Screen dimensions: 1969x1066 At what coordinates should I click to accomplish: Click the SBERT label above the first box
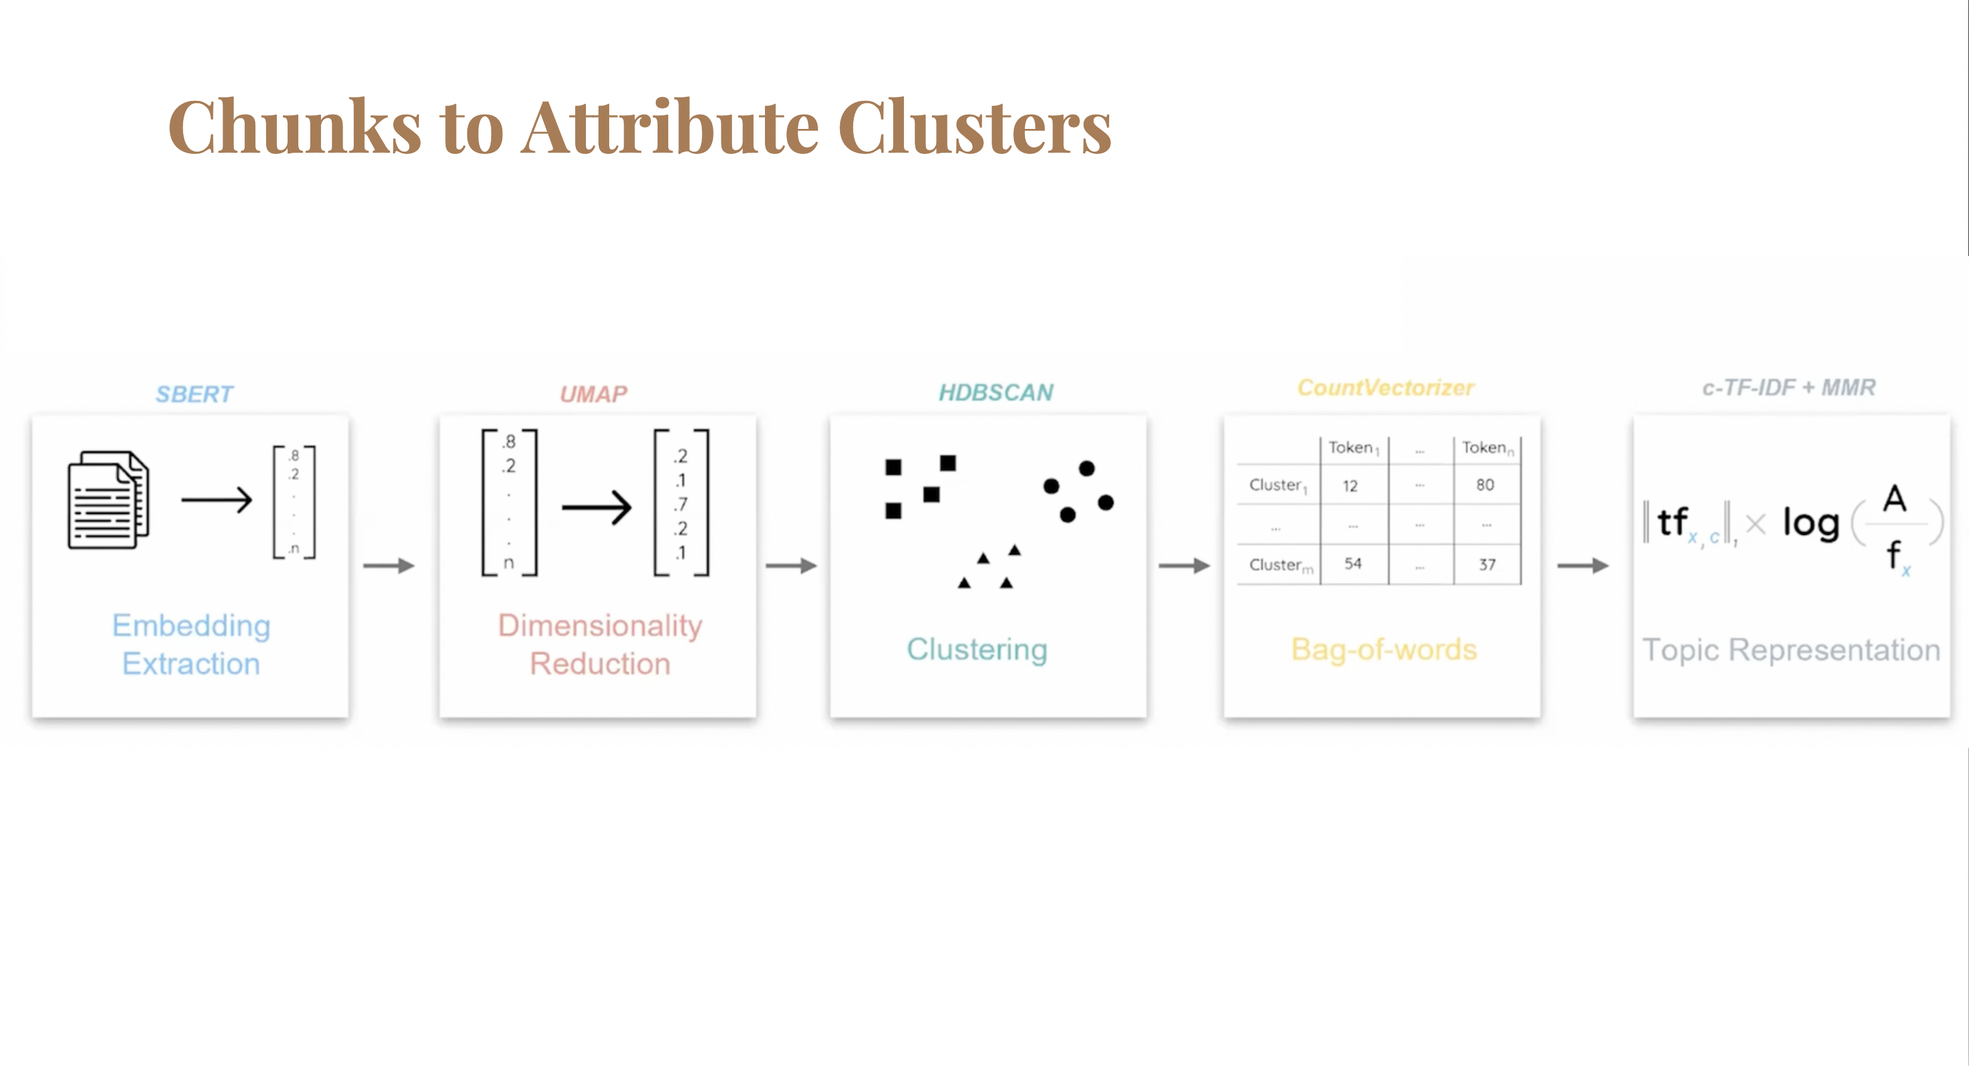tap(194, 394)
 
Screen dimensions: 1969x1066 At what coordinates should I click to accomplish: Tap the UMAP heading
tap(593, 394)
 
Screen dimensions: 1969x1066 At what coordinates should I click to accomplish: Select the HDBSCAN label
tap(995, 392)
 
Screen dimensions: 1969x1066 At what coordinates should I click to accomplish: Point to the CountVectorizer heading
tap(1385, 388)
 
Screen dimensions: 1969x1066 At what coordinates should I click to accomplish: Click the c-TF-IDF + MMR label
tap(1788, 388)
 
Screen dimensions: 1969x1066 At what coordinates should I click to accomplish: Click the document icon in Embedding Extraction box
tap(109, 500)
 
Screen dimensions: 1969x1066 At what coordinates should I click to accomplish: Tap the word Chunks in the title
tap(295, 127)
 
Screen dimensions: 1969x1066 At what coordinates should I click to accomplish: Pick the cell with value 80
tap(1485, 485)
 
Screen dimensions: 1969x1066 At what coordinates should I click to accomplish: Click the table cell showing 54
tap(1352, 563)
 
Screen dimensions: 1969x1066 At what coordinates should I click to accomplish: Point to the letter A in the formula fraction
tap(1893, 498)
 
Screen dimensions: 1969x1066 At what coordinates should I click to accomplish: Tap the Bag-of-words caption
tap(1384, 649)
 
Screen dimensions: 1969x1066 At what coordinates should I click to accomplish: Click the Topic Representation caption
tap(1791, 650)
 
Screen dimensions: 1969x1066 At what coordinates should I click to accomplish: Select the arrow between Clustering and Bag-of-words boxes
tap(1184, 566)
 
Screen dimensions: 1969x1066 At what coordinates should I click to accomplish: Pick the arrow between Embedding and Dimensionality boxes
tap(388, 566)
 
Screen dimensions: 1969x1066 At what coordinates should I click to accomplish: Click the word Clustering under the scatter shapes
tap(977, 649)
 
